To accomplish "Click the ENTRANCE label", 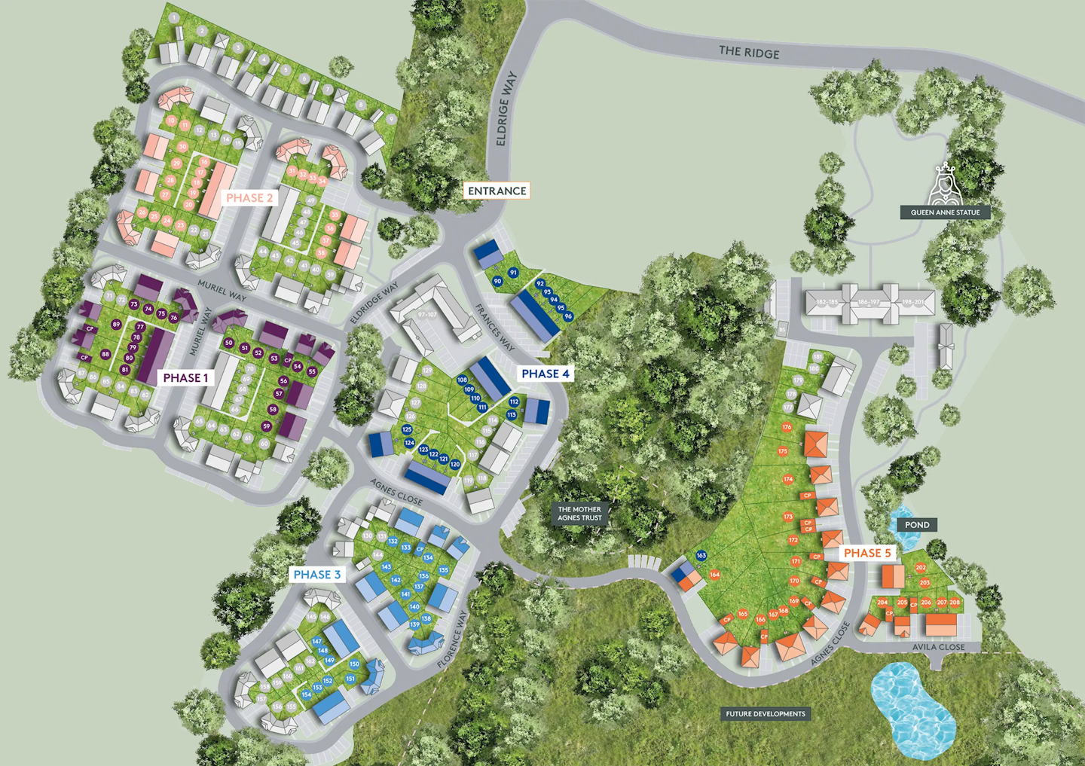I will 497,191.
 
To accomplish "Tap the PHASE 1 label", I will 186,377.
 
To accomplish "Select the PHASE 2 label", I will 250,197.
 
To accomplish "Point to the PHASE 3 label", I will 316,575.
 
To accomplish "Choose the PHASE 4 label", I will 546,374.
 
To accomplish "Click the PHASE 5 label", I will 867,553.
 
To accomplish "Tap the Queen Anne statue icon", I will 945,185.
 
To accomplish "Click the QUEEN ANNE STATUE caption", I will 945,212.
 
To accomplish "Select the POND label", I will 917,525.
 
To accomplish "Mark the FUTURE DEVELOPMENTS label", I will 766,714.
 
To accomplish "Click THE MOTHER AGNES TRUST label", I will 579,514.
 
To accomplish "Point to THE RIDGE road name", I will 749,52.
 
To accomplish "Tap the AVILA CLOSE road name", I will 938,647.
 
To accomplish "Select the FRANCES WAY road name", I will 495,328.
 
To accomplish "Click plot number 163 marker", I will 701,556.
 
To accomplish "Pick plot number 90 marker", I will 497,282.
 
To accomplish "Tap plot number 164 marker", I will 714,575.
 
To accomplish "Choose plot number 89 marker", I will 116,325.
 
